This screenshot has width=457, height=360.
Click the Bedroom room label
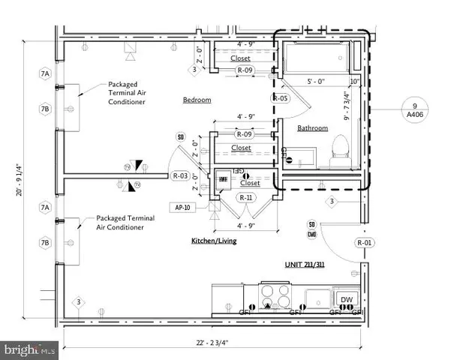point(197,100)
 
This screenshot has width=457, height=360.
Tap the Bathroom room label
point(312,128)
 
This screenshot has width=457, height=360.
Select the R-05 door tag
point(281,98)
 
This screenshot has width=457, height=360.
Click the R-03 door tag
point(180,176)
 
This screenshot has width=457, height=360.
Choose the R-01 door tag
point(365,243)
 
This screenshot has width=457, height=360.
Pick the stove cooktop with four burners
point(275,293)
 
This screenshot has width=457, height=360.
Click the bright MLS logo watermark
point(29,349)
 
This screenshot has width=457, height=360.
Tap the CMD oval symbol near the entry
point(311,234)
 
